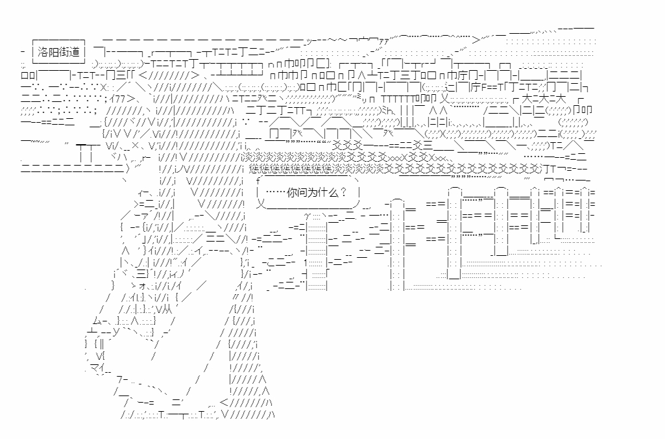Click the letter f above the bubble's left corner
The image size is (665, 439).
pos(259,179)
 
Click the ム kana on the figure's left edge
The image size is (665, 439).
pos(97,320)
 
